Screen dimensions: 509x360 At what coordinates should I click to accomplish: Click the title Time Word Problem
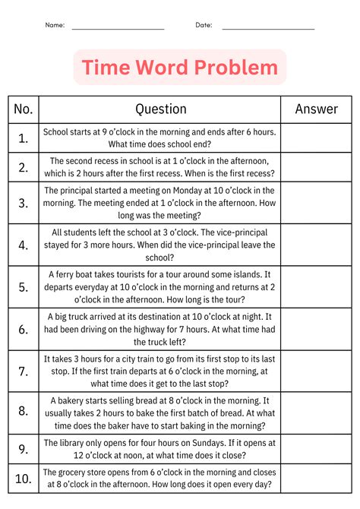pyautogui.click(x=180, y=68)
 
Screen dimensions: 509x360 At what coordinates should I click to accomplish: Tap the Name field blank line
pyautogui.click(x=118, y=28)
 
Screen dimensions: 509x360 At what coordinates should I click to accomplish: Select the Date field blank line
pyautogui.click(x=268, y=28)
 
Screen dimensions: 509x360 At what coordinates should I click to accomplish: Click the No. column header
pyautogui.click(x=24, y=109)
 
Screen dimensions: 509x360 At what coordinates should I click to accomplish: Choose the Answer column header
pyautogui.click(x=316, y=109)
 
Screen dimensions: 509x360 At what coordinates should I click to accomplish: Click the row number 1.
pyautogui.click(x=24, y=138)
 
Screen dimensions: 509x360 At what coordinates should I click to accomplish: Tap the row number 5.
pyautogui.click(x=24, y=287)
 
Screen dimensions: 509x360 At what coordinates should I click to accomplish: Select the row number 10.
pyautogui.click(x=24, y=478)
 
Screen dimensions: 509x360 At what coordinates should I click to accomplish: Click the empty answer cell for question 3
pyautogui.click(x=316, y=203)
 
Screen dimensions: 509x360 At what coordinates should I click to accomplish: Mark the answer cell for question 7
pyautogui.click(x=316, y=371)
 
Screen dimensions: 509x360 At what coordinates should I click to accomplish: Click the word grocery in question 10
pyautogui.click(x=82, y=471)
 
